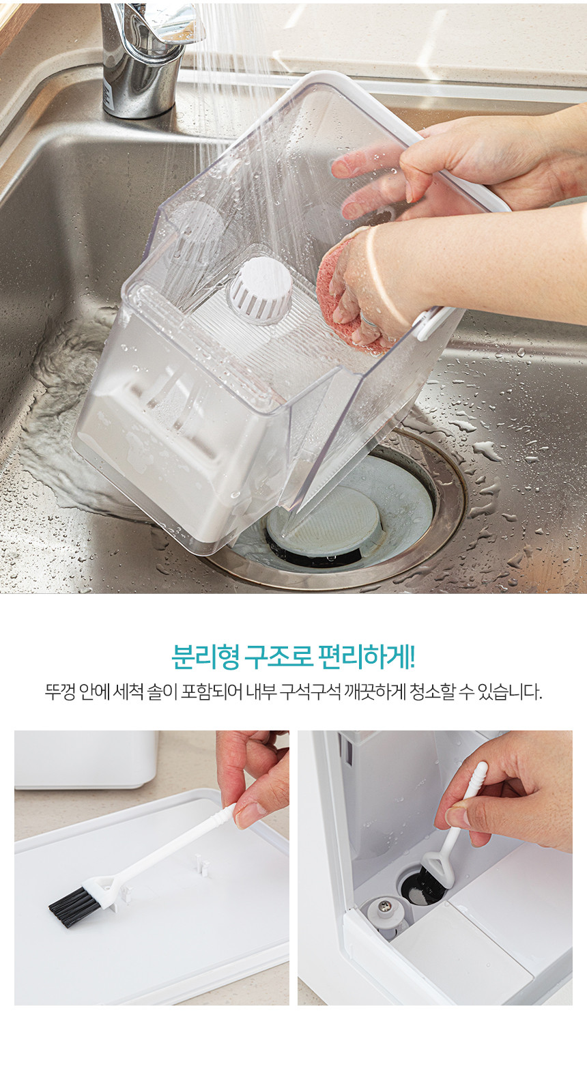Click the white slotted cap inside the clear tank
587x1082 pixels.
coord(260,290)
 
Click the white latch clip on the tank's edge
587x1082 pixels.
coord(431,323)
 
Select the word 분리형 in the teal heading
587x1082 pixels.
coord(205,657)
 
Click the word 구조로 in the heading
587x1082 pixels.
coord(278,657)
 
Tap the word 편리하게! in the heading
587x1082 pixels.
coord(367,657)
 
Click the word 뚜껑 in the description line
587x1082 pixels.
coord(59,692)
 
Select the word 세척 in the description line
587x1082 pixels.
coord(128,692)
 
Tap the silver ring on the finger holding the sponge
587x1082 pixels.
coord(369,320)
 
